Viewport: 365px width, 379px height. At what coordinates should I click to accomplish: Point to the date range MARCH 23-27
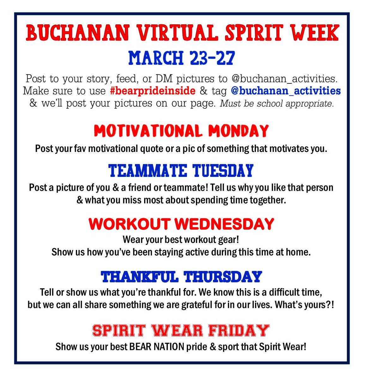pyautogui.click(x=182, y=58)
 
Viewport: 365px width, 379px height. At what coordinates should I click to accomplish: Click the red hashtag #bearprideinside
pyautogui.click(x=153, y=91)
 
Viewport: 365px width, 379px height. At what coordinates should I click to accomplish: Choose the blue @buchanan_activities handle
pyautogui.click(x=286, y=91)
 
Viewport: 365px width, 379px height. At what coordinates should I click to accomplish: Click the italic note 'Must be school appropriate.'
pyautogui.click(x=277, y=104)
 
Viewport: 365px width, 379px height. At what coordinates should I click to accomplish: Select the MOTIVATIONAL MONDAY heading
pyautogui.click(x=181, y=131)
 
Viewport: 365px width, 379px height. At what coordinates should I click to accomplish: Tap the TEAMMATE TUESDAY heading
pyautogui.click(x=181, y=171)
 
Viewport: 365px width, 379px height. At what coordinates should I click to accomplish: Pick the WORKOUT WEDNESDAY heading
pyautogui.click(x=181, y=224)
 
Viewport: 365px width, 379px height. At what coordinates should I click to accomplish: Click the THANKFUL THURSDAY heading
pyautogui.click(x=181, y=277)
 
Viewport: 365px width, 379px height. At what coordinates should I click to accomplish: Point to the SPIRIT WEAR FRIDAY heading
pyautogui.click(x=181, y=331)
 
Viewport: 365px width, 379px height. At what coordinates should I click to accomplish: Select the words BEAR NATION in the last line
pyautogui.click(x=156, y=347)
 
